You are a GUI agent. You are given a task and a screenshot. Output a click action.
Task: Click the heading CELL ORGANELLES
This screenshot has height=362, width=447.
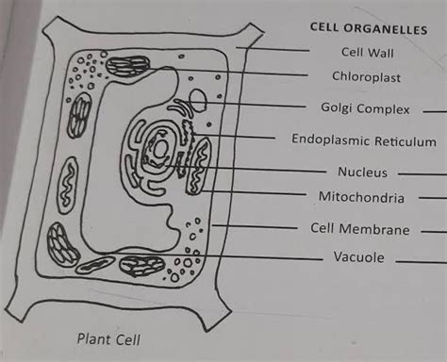coord(368,29)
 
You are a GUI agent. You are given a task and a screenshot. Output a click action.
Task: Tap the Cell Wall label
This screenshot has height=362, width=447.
coord(367,53)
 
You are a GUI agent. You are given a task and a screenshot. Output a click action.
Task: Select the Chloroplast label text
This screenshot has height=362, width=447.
coord(368,76)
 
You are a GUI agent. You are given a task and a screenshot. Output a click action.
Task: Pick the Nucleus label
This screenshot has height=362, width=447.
coord(362,173)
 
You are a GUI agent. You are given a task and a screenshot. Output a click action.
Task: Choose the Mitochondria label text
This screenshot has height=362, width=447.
coord(361,198)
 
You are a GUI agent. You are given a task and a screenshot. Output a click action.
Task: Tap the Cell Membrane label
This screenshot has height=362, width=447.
coord(360,229)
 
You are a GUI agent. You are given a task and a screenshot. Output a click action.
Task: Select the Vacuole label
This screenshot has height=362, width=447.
coord(359,256)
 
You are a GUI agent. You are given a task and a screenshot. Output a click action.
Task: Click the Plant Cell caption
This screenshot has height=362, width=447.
coord(108,337)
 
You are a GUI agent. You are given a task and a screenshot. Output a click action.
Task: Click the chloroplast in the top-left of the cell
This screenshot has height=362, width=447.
coord(127,68)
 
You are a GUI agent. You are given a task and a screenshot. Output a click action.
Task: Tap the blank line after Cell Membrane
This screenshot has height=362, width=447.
coord(433,229)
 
